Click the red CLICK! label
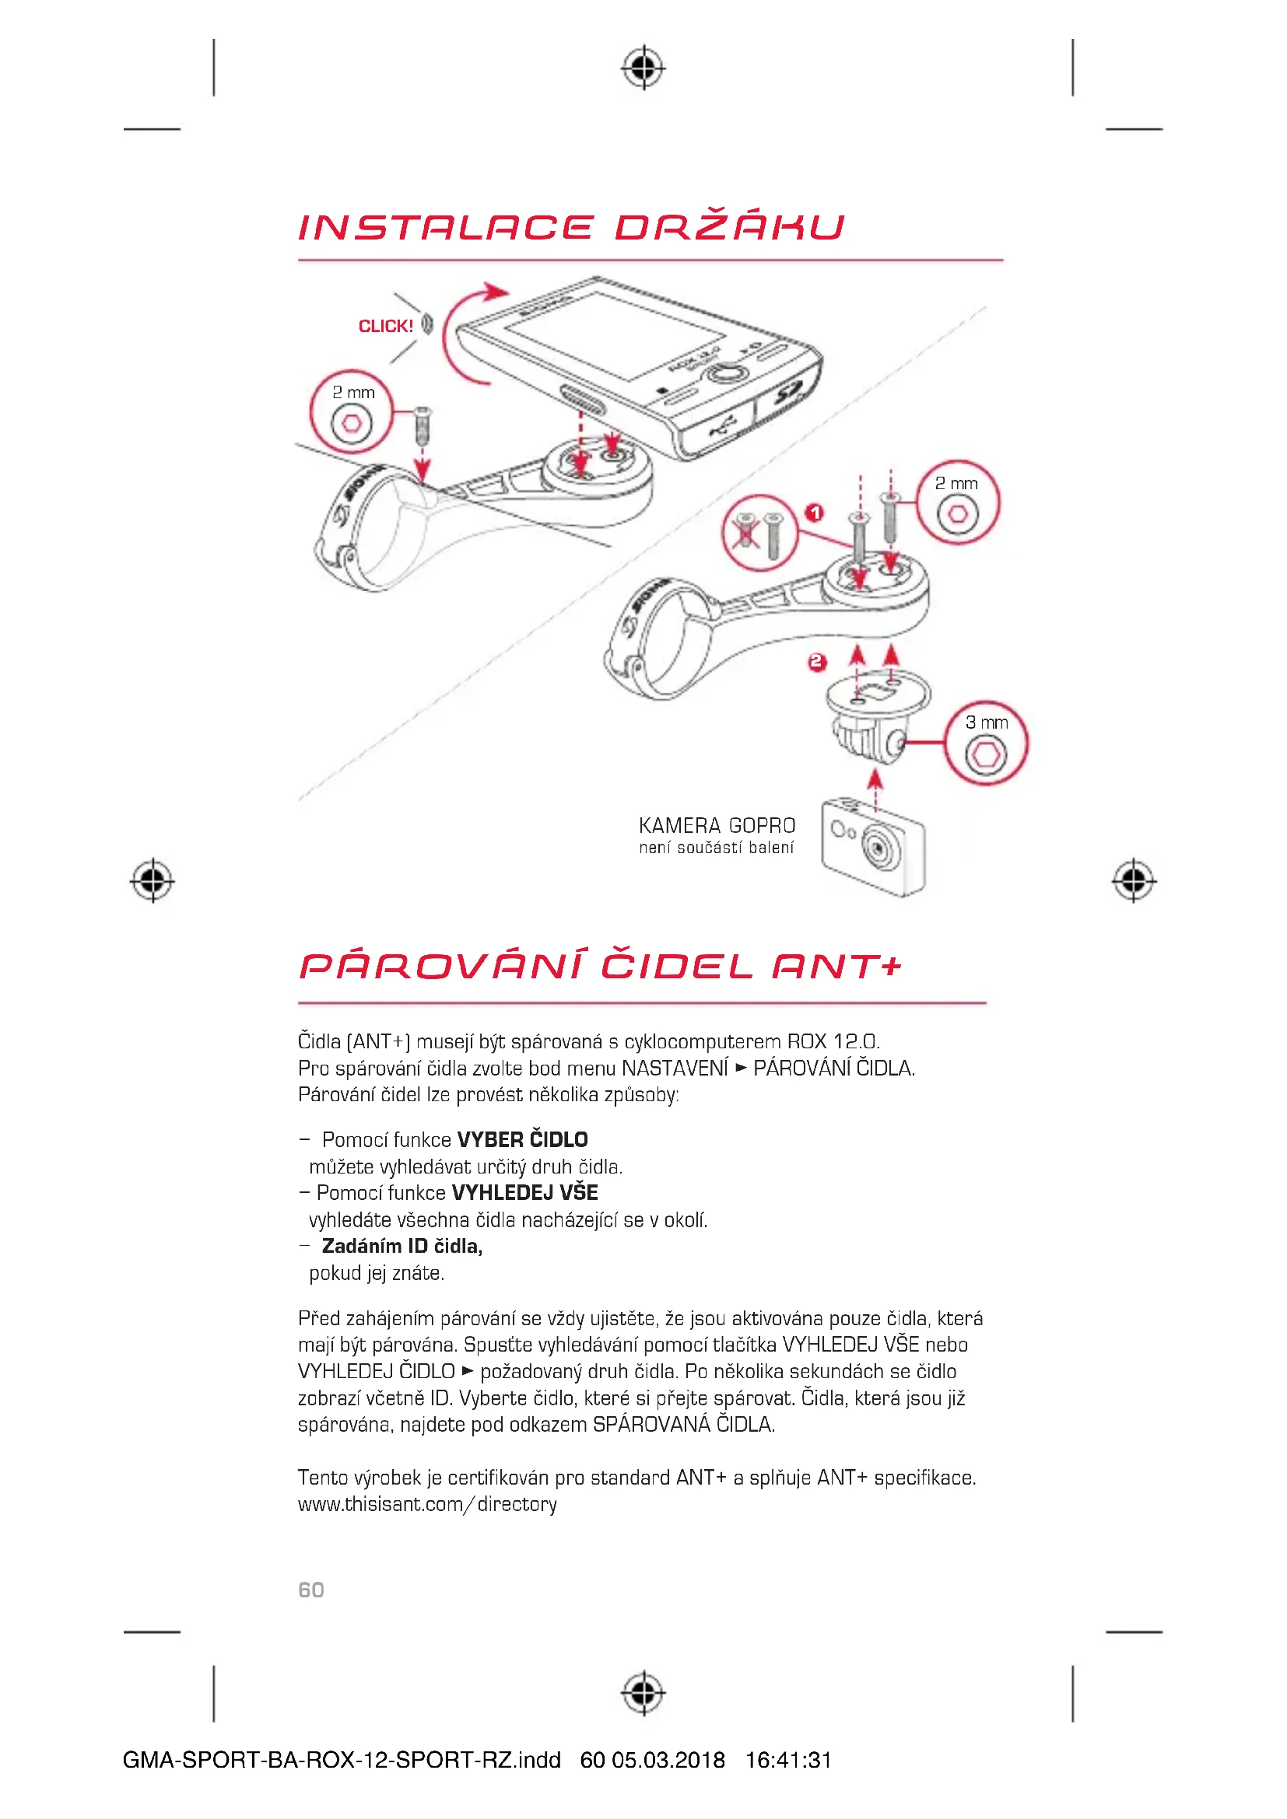pos(386,326)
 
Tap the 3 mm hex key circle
pos(986,743)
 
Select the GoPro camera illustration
pos(873,846)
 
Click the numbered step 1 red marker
pos(814,512)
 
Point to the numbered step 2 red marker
pos(817,662)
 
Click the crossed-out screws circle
pos(759,533)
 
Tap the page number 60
pos(310,1590)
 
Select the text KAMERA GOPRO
pos(717,826)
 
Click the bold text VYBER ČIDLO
pos(522,1139)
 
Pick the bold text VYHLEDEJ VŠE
pos(524,1192)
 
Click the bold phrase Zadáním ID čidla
pos(402,1245)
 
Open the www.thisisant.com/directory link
pos(427,1504)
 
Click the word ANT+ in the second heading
pos(837,966)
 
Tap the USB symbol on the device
pos(720,428)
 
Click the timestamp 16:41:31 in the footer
pos(788,1761)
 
